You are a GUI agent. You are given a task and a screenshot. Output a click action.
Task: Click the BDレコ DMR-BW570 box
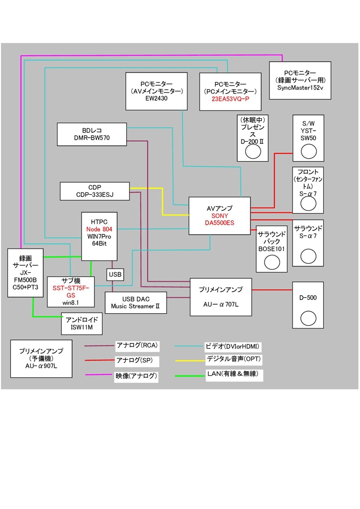pyautogui.click(x=92, y=134)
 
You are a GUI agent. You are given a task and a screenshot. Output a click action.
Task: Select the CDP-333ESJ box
pyautogui.click(x=94, y=191)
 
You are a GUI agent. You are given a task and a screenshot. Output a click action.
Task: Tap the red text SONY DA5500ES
pyautogui.click(x=219, y=220)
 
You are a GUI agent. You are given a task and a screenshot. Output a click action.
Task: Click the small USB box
pyautogui.click(x=115, y=274)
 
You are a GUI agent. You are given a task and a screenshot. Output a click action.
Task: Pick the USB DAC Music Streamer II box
pyautogui.click(x=135, y=303)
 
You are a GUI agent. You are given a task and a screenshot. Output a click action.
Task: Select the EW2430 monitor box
pyautogui.click(x=156, y=91)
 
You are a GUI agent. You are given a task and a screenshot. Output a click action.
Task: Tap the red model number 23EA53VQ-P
pyautogui.click(x=230, y=99)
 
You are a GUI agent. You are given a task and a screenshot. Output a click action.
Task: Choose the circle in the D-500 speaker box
pyautogui.click(x=308, y=317)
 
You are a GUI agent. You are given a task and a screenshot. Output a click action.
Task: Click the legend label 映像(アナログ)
pyautogui.click(x=136, y=376)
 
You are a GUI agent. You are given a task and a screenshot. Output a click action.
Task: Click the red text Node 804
pyautogui.click(x=100, y=230)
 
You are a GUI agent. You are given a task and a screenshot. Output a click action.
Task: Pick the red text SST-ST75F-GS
pyautogui.click(x=71, y=291)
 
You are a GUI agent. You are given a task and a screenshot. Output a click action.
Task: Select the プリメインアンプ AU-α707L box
pyautogui.click(x=221, y=297)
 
